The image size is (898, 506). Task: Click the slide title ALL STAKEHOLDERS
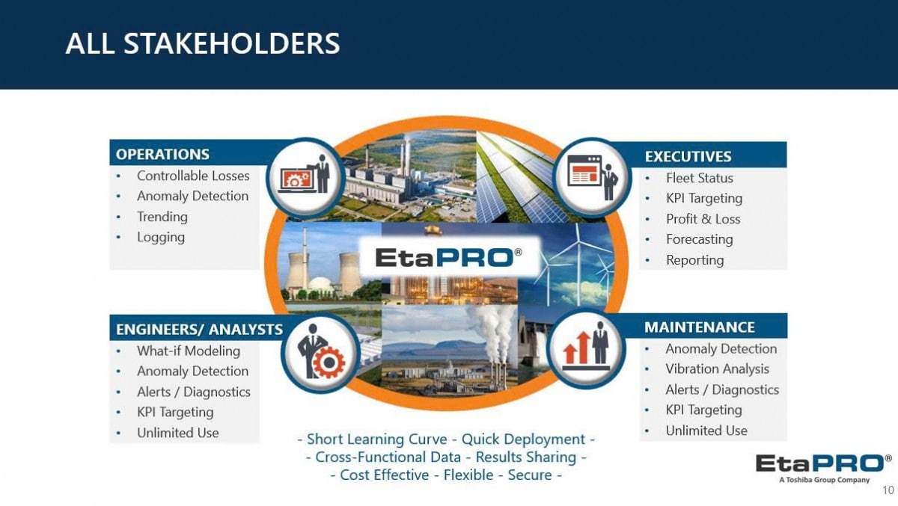point(203,43)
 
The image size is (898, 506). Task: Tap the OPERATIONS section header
point(162,154)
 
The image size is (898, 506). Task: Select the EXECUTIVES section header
point(688,156)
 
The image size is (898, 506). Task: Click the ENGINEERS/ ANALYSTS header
point(199,330)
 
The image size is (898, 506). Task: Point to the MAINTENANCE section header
point(700,327)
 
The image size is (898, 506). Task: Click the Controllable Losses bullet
point(193,176)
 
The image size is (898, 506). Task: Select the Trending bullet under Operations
point(162,217)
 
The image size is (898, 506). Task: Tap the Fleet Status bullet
point(700,178)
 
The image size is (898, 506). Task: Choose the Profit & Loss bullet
point(703,219)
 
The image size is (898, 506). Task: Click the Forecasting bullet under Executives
point(700,239)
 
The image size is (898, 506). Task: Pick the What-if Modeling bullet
point(189,351)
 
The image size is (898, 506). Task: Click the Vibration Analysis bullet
point(717,368)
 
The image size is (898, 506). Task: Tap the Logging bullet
point(161,237)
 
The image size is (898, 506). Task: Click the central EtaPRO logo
point(448,257)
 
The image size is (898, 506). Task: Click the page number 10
point(888,490)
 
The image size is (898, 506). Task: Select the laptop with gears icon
point(296,179)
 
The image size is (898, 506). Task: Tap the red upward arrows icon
point(577,348)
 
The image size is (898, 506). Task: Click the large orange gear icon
point(329,362)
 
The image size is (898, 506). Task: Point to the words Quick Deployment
point(523,439)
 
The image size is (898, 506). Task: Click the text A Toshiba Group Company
point(824,480)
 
